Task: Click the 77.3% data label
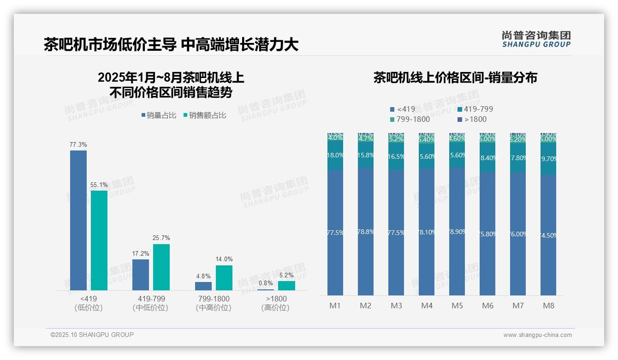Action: click(78, 144)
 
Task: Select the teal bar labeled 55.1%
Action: click(99, 240)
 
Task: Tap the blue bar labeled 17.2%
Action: click(141, 275)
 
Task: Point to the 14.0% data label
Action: click(224, 259)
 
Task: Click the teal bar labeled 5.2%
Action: click(286, 286)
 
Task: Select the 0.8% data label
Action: click(266, 283)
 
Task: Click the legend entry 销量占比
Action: click(158, 115)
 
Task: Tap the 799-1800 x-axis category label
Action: click(213, 299)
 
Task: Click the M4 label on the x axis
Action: click(427, 306)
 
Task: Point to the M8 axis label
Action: click(548, 306)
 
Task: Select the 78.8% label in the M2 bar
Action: click(366, 232)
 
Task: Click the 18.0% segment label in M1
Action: click(335, 156)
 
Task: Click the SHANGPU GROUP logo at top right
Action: click(536, 39)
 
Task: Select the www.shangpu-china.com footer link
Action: click(537, 335)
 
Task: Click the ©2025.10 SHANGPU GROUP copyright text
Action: click(92, 335)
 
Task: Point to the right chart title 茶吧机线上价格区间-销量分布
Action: click(455, 78)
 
